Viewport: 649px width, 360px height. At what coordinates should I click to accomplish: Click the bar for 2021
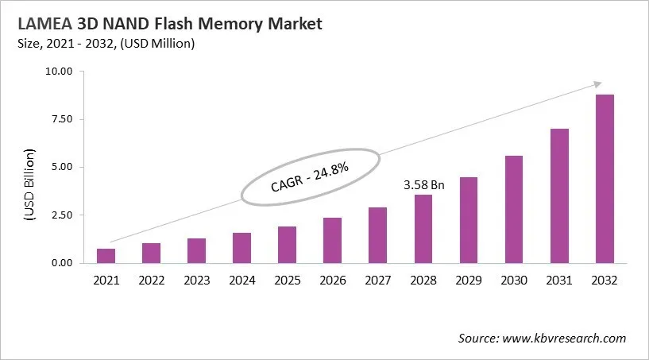pos(106,255)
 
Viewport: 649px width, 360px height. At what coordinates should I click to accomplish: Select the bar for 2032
pos(605,179)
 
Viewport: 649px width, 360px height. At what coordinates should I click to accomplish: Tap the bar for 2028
pos(423,228)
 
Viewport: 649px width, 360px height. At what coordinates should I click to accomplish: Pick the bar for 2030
pos(514,209)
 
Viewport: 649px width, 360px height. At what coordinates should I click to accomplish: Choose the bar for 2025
pos(288,244)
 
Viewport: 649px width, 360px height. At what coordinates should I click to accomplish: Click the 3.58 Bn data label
pos(423,185)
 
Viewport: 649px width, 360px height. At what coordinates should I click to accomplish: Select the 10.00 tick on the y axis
pos(60,72)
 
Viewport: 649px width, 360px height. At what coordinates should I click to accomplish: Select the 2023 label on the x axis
pos(197,281)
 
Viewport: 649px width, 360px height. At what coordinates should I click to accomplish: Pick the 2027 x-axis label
pos(378,281)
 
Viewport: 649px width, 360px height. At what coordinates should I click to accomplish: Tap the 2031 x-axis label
pos(559,281)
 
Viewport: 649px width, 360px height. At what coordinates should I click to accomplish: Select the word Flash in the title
pos(179,25)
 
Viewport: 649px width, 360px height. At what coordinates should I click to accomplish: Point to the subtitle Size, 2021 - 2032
pos(79,44)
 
